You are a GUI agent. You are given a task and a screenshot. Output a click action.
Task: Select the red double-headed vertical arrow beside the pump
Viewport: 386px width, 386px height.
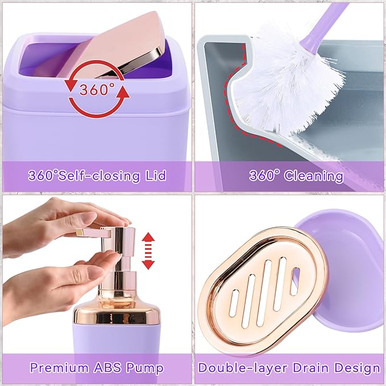pos(148,250)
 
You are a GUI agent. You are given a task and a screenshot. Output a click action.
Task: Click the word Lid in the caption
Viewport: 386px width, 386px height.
pos(154,175)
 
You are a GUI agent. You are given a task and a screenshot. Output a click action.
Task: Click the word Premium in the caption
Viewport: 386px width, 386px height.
pos(57,367)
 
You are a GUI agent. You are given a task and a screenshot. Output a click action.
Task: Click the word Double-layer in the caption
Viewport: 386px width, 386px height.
pos(238,367)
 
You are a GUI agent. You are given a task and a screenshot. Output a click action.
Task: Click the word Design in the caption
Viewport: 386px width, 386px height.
pos(355,367)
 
